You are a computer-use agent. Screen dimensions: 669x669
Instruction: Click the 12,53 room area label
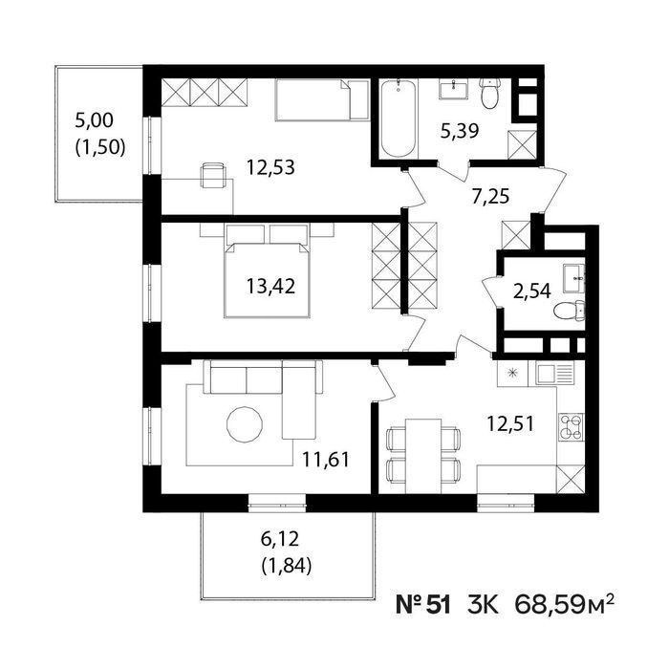(x=270, y=167)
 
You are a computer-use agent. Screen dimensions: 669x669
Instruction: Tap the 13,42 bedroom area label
(x=270, y=286)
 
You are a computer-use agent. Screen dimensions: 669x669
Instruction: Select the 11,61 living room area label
(x=326, y=460)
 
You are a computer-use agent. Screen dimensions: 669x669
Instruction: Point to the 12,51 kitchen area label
(x=510, y=424)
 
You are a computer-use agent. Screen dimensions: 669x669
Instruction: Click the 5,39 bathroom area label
(x=460, y=131)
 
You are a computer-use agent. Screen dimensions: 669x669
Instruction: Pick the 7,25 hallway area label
(x=490, y=197)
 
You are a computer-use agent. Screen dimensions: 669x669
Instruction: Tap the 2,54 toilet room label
(x=531, y=291)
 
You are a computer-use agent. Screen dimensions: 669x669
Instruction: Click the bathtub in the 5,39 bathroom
(x=399, y=119)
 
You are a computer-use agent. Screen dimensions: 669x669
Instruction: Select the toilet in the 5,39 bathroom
(x=489, y=93)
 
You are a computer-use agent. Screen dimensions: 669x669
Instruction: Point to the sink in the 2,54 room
(x=574, y=278)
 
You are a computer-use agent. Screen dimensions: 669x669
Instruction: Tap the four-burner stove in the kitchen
(x=571, y=427)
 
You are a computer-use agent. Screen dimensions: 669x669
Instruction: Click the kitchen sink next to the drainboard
(x=547, y=374)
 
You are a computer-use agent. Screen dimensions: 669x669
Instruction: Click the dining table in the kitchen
(x=423, y=456)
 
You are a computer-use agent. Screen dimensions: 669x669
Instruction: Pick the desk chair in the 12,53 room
(x=213, y=175)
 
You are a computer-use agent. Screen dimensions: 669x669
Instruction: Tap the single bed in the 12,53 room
(x=322, y=99)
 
